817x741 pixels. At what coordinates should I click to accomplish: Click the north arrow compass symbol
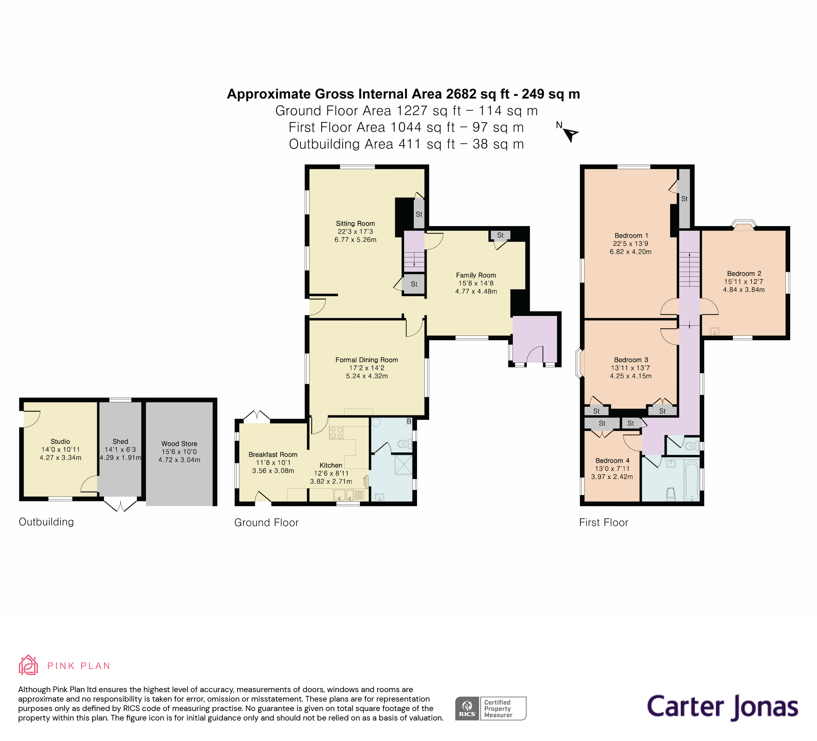pos(570,134)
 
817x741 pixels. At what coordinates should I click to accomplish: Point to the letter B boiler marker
pos(409,422)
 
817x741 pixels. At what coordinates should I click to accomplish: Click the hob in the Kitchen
pos(336,433)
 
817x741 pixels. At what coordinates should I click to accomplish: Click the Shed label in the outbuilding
pos(120,441)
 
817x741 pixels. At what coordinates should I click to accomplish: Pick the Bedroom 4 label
pos(612,460)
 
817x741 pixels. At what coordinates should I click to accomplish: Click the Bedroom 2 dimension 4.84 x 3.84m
pos(744,290)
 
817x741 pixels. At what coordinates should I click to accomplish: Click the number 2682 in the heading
pos(461,94)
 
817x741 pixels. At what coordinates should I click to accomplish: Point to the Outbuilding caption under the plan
pos(46,522)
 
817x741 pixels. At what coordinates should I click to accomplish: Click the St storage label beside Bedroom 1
pos(684,199)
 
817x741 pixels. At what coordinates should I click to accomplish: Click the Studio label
pos(61,441)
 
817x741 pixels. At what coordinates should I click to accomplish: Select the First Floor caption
pos(603,522)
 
